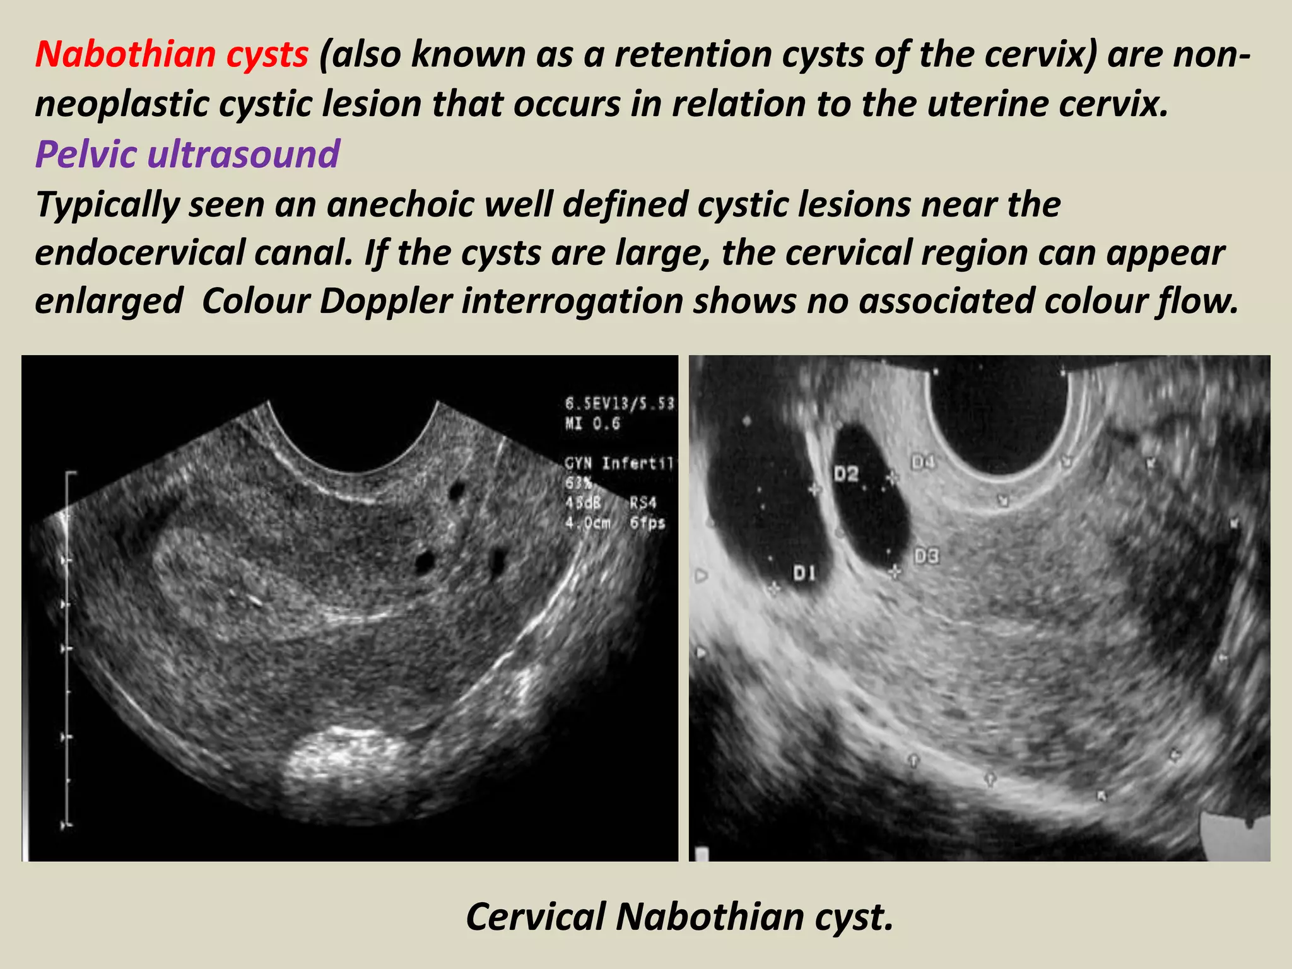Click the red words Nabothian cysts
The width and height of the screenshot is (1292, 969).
(172, 54)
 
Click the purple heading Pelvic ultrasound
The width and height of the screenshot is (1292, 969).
(187, 154)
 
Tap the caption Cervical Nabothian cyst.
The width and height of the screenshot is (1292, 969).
(679, 917)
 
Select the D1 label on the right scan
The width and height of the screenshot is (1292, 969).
(804, 573)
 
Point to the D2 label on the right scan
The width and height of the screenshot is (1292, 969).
(846, 473)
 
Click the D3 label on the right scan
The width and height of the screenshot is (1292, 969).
(926, 556)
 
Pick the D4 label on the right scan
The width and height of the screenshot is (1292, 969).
(923, 463)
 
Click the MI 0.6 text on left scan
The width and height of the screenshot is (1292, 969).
(592, 424)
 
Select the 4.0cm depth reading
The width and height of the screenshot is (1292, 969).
(587, 523)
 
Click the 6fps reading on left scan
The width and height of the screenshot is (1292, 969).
(647, 523)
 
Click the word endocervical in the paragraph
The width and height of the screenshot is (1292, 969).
(140, 253)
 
